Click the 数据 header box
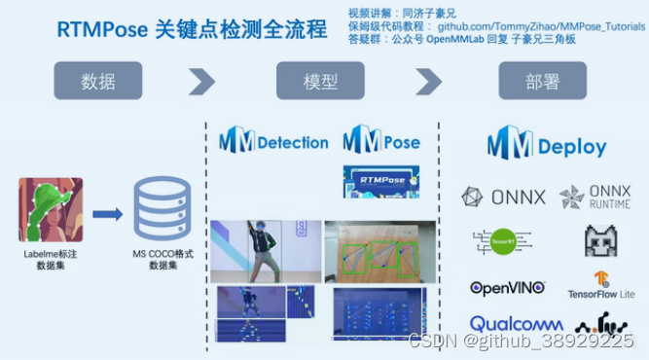pyautogui.click(x=97, y=81)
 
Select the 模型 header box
pyautogui.click(x=320, y=81)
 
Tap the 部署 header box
pyautogui.click(x=542, y=81)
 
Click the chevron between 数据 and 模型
pyautogui.click(x=201, y=81)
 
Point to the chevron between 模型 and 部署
pyautogui.click(x=428, y=81)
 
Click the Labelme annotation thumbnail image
pyautogui.click(x=51, y=209)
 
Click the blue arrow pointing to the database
pyautogui.click(x=107, y=213)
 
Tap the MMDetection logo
pyautogui.click(x=273, y=142)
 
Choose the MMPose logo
pyautogui.click(x=381, y=142)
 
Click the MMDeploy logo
pyautogui.click(x=547, y=146)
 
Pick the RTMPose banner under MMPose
pyautogui.click(x=381, y=181)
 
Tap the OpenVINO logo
pyautogui.click(x=507, y=288)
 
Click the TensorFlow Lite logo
pyautogui.click(x=601, y=285)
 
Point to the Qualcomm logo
pyautogui.click(x=516, y=324)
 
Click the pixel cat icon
pyautogui.click(x=602, y=239)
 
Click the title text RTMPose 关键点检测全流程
pyautogui.click(x=192, y=30)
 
